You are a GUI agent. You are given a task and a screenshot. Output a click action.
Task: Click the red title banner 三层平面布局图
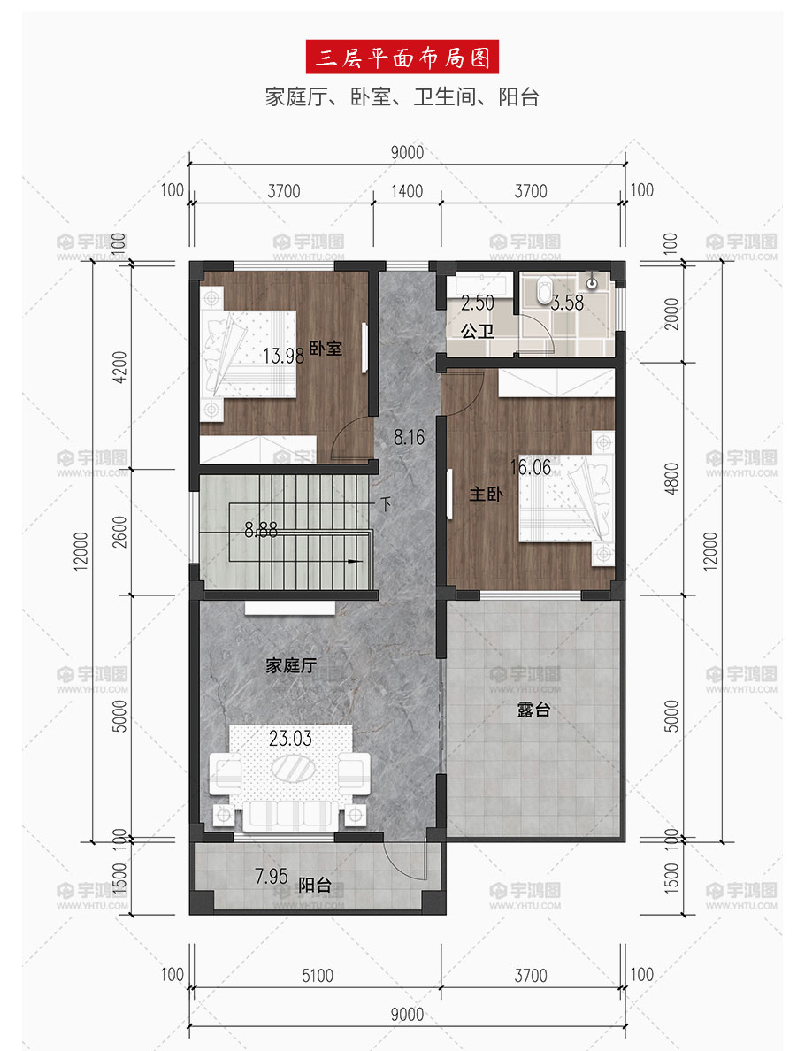(402, 57)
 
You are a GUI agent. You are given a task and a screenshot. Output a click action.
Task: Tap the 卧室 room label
(326, 349)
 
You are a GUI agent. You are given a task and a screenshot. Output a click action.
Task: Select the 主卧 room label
(486, 494)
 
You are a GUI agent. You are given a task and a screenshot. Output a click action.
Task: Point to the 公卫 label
(477, 331)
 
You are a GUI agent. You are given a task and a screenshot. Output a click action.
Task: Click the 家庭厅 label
(291, 665)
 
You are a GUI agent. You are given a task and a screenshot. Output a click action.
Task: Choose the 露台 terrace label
(534, 710)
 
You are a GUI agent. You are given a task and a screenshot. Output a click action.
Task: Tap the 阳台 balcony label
(314, 885)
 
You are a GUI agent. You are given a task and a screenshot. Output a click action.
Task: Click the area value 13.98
(284, 356)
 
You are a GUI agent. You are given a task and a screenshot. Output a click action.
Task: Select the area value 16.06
(531, 467)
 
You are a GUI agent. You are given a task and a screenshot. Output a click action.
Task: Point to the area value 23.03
(290, 739)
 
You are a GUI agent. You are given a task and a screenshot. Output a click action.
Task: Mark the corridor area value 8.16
(409, 438)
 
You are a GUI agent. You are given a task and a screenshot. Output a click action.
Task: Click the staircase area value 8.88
(261, 531)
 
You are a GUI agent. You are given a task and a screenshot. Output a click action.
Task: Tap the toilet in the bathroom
(543, 289)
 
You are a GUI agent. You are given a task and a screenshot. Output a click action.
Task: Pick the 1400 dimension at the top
(407, 192)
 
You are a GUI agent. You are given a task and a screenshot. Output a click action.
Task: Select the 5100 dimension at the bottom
(317, 976)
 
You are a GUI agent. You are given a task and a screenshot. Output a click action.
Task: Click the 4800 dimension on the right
(671, 479)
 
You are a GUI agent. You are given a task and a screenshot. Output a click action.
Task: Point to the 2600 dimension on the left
(119, 532)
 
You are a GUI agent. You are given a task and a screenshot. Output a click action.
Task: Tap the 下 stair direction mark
(386, 504)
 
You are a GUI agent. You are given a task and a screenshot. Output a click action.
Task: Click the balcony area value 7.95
(272, 876)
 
